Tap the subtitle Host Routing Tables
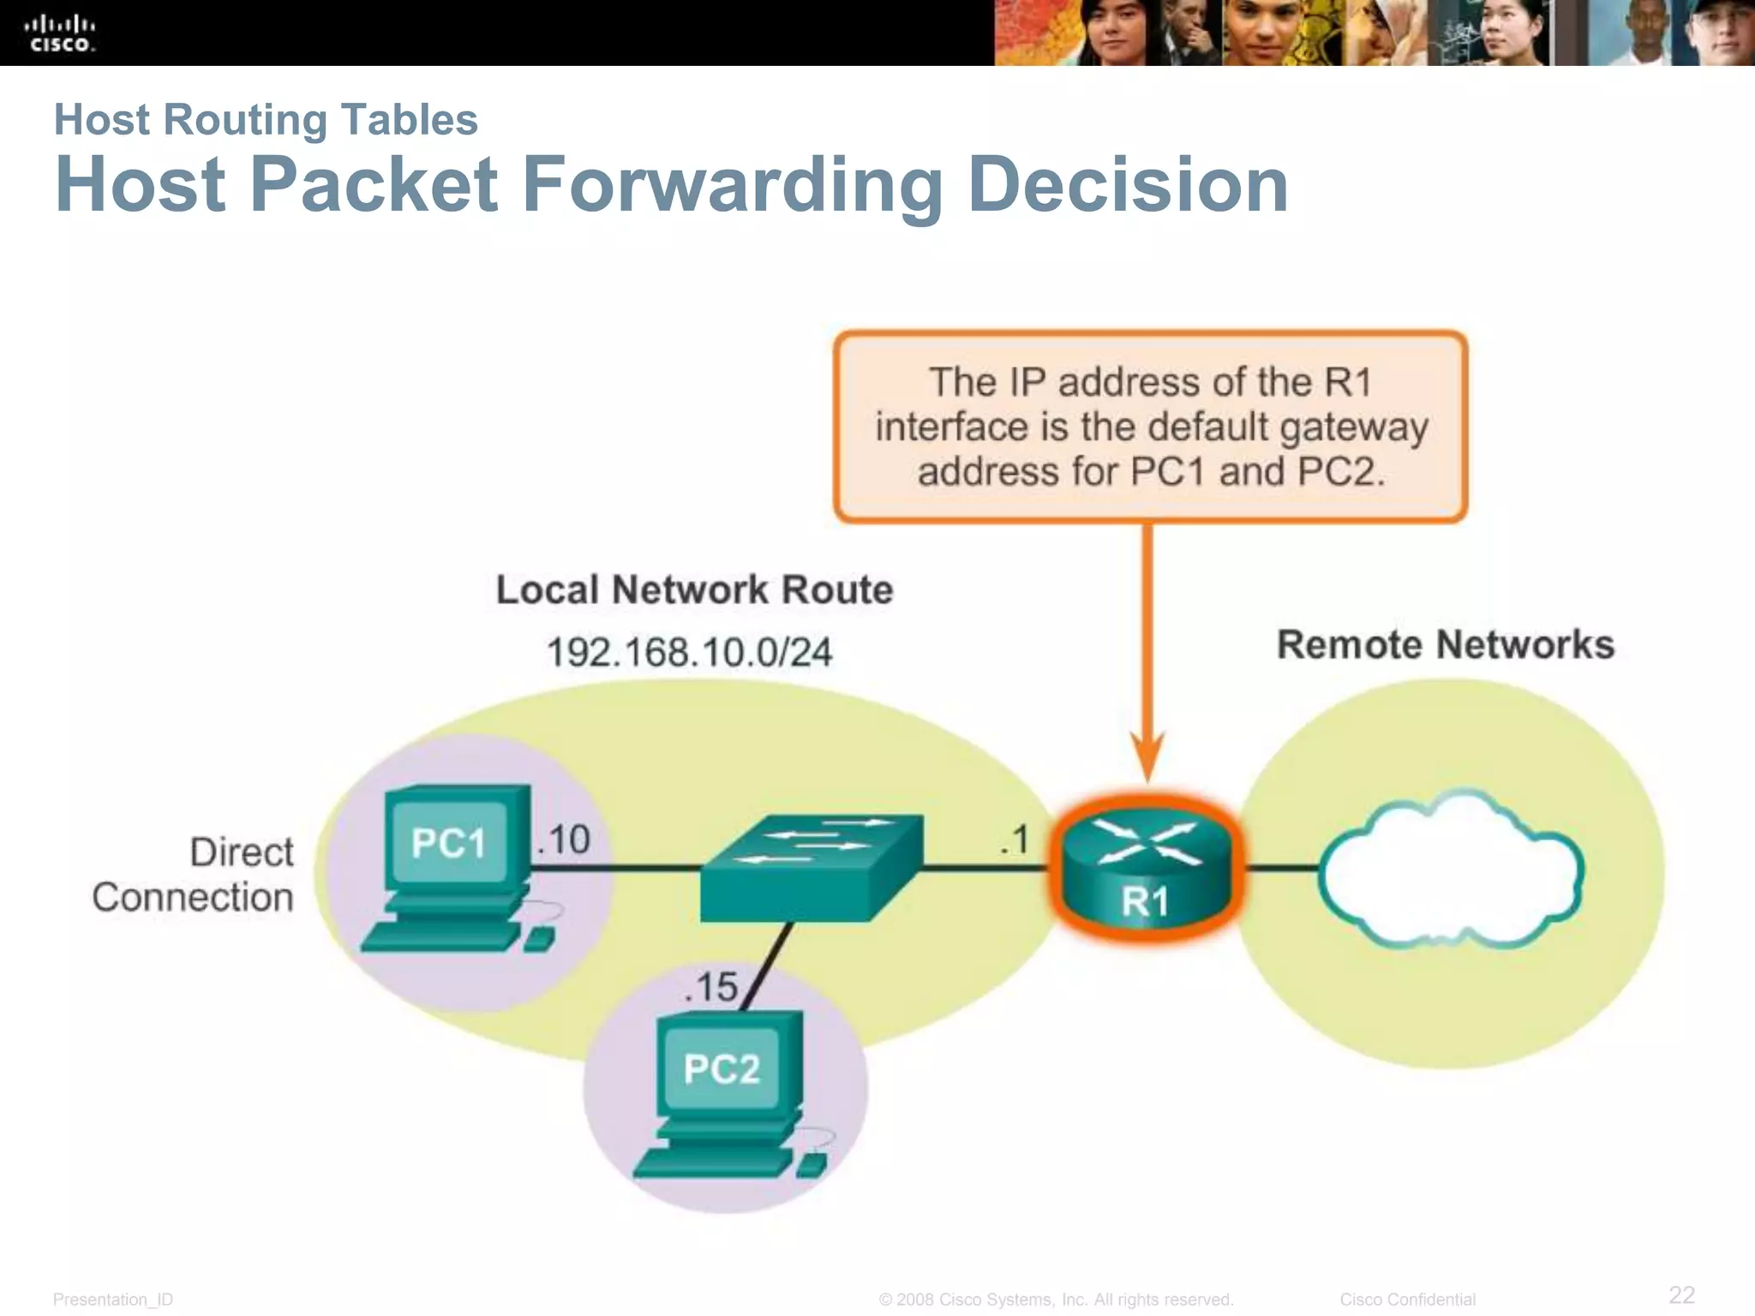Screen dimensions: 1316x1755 (266, 120)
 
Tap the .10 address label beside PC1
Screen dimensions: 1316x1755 (564, 840)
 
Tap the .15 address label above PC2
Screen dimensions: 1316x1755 (711, 987)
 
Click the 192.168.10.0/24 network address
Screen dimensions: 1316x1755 (689, 653)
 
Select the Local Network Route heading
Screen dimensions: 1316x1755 (694, 590)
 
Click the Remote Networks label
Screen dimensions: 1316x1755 (1445, 645)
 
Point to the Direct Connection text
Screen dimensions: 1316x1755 (194, 875)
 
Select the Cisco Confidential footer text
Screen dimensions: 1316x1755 (1407, 1300)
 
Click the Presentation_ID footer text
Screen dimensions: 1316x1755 (113, 1300)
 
